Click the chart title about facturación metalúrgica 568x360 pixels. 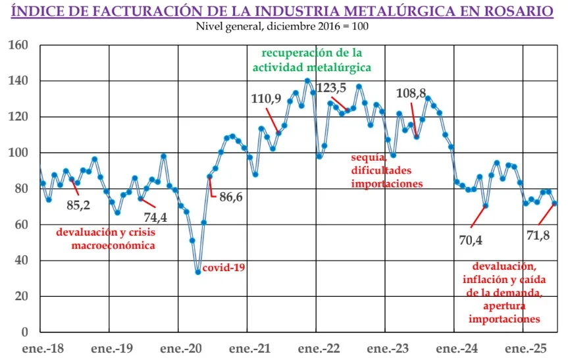click(x=284, y=11)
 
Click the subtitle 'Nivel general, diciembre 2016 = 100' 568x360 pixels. click(x=282, y=26)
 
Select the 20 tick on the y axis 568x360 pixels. click(x=22, y=296)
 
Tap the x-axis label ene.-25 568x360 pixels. click(x=525, y=347)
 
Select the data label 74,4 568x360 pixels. click(x=155, y=218)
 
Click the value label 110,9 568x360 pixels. click(x=266, y=99)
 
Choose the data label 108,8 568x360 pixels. click(x=411, y=93)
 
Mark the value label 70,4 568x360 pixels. click(x=470, y=240)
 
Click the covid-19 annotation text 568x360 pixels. click(x=224, y=268)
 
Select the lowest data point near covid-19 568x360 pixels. click(x=197, y=272)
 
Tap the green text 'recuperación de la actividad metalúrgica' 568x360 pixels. click(x=312, y=59)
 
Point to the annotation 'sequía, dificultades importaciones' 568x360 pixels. click(x=386, y=170)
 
